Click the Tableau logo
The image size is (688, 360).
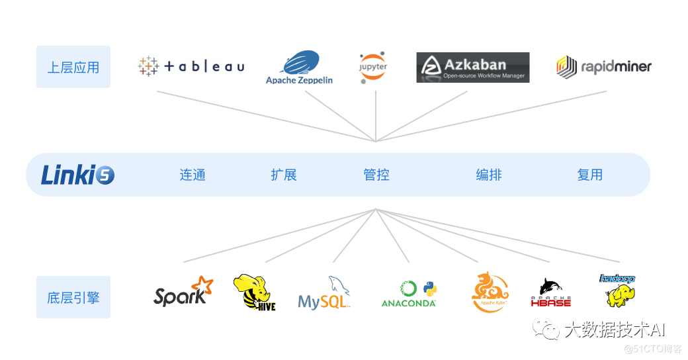pyautogui.click(x=191, y=66)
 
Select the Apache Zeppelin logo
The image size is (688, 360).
pyautogui.click(x=299, y=68)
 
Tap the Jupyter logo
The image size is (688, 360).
pyautogui.click(x=373, y=67)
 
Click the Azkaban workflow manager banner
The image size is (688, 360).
pyautogui.click(x=472, y=67)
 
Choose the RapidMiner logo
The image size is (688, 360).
pyautogui.click(x=603, y=66)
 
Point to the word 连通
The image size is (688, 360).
pyautogui.click(x=193, y=175)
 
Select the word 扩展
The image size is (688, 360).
pyautogui.click(x=284, y=175)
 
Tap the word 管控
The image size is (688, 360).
pyautogui.click(x=376, y=175)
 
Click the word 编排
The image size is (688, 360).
pyautogui.click(x=489, y=175)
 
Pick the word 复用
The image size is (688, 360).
pyautogui.click(x=590, y=175)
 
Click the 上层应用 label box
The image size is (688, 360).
pyautogui.click(x=73, y=67)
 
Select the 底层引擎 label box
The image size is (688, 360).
pyautogui.click(x=73, y=297)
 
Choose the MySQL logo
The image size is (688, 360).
pyautogui.click(x=324, y=295)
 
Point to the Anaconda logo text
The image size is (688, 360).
pyautogui.click(x=409, y=303)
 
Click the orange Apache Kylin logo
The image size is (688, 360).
pyautogui.click(x=490, y=292)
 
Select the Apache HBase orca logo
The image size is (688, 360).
pyautogui.click(x=550, y=292)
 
